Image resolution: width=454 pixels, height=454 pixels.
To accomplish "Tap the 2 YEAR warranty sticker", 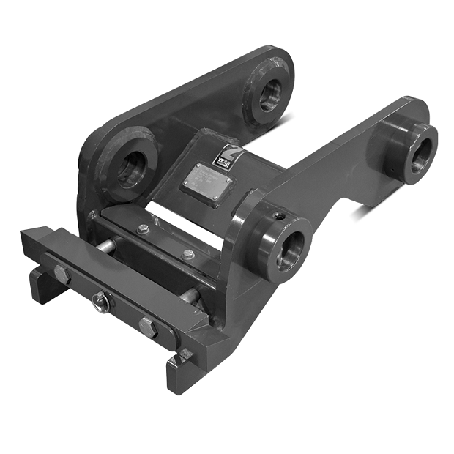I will (x=223, y=155).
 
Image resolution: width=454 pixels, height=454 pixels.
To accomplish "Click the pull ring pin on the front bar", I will (x=100, y=302).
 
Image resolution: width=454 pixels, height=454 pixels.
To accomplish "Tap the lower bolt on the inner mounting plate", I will (x=188, y=255).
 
